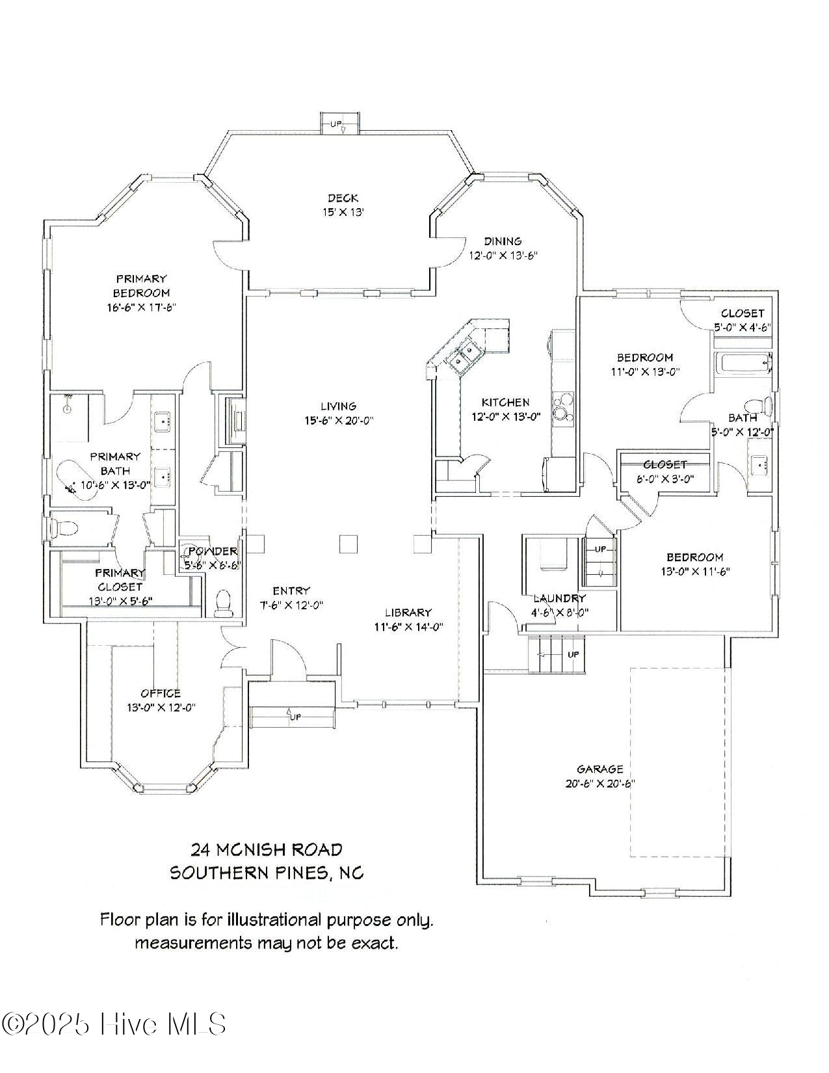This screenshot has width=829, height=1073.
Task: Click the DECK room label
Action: click(x=343, y=198)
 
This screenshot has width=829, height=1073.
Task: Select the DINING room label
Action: click(x=503, y=241)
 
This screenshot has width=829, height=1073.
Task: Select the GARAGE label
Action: click(x=599, y=769)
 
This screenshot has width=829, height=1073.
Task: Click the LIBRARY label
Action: click(x=408, y=613)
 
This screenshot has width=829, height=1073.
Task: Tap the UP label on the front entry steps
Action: click(x=295, y=717)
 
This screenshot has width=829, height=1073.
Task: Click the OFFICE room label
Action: click(x=161, y=693)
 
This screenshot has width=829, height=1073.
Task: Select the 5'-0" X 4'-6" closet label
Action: click(x=742, y=328)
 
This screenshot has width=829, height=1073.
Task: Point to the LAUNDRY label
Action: click(x=559, y=598)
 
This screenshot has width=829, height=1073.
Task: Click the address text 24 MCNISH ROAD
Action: click(x=266, y=849)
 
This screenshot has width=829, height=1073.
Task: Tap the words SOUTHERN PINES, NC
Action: click(x=267, y=873)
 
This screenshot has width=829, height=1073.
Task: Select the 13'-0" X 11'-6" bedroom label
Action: click(x=694, y=572)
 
